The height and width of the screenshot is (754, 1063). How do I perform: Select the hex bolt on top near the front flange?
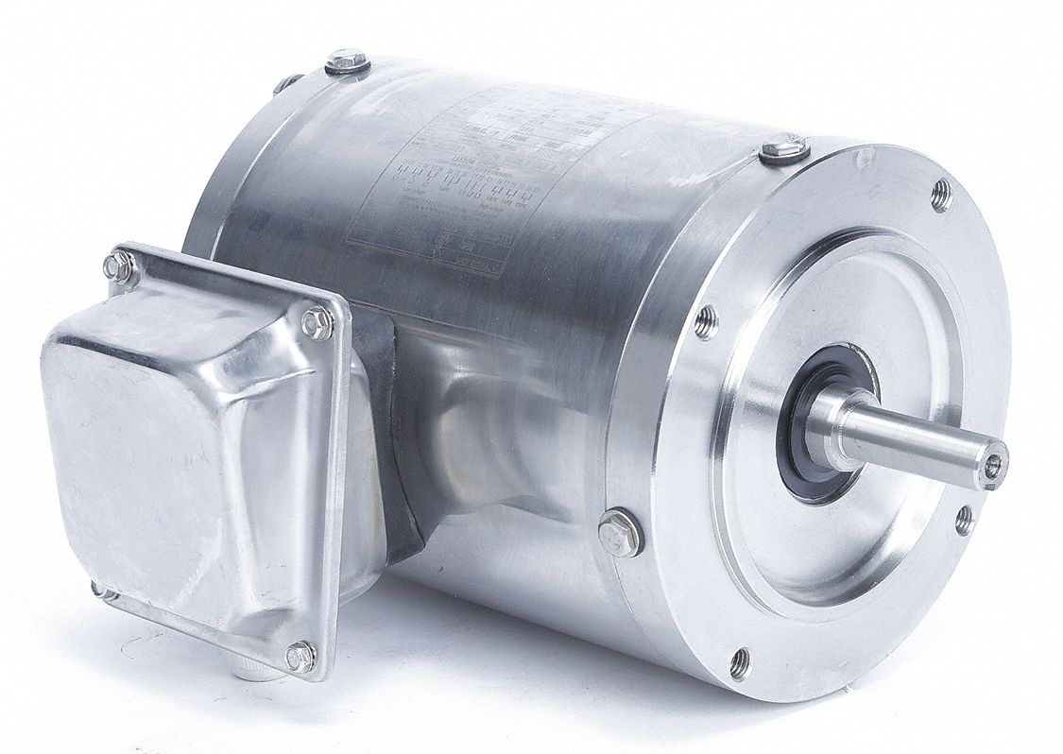(x=783, y=149)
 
